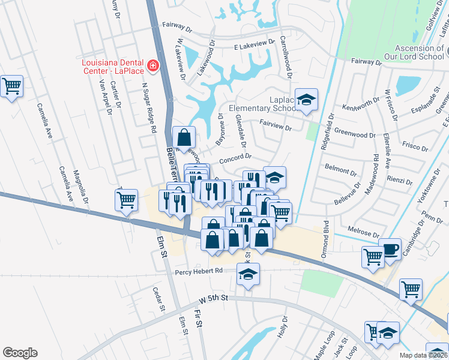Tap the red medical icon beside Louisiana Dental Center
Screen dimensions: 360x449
coord(153,65)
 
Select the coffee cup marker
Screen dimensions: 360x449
coord(390,249)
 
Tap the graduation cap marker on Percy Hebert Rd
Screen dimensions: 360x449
coord(248,274)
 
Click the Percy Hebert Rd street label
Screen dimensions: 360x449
coord(199,271)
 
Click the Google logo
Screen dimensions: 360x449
coord(20,353)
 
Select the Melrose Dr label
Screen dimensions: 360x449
coord(364,231)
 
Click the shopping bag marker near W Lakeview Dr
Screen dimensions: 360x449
coord(184,137)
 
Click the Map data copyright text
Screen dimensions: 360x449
coord(423,355)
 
